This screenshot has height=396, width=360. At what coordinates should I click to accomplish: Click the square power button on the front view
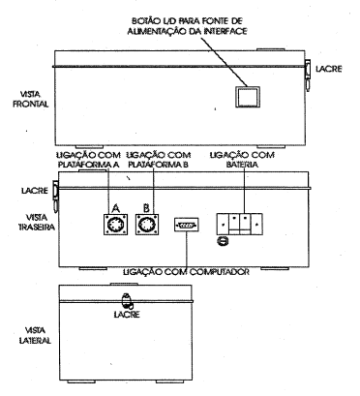click(247, 97)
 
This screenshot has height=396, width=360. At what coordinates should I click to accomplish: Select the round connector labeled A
click(115, 225)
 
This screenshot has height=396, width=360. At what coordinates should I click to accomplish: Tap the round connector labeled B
click(147, 225)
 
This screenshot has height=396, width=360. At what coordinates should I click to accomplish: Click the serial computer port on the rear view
click(187, 225)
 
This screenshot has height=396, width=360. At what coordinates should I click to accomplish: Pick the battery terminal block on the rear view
click(239, 224)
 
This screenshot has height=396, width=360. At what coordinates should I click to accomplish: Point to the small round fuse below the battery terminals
click(223, 241)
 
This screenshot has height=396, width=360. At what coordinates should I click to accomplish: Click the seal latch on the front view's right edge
click(308, 75)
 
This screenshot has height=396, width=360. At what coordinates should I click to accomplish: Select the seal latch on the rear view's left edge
click(55, 196)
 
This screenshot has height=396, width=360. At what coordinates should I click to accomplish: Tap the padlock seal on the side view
click(127, 301)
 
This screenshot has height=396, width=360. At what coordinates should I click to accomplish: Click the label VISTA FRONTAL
click(31, 100)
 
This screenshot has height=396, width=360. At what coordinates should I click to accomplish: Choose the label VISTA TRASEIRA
click(37, 222)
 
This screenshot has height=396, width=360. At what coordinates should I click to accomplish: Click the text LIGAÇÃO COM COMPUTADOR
click(187, 272)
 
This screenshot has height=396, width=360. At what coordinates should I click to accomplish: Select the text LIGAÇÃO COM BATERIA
click(242, 160)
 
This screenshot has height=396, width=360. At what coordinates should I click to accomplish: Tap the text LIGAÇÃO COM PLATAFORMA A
click(88, 160)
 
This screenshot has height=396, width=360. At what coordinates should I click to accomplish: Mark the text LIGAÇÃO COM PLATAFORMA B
click(159, 160)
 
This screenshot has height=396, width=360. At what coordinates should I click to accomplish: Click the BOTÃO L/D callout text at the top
click(187, 26)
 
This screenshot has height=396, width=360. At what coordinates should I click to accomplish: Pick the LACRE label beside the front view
click(329, 69)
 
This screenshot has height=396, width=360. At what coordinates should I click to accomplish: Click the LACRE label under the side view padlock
click(127, 315)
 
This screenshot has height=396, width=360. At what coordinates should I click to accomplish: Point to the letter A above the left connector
click(115, 208)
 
